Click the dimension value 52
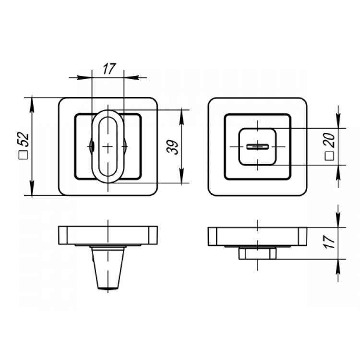[24, 139]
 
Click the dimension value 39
[173, 147]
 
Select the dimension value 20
[330, 140]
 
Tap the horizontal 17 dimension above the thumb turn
[109, 69]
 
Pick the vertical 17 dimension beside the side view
[330, 241]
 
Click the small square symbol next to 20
[329, 156]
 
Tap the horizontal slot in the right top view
[258, 146]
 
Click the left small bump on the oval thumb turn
[91, 146]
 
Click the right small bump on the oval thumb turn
[125, 146]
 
